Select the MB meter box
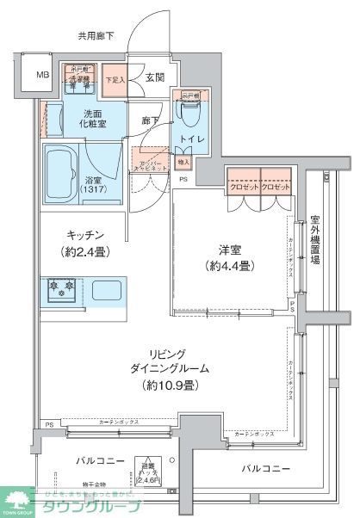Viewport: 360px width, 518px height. (42, 75)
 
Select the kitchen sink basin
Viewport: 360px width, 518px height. (108, 288)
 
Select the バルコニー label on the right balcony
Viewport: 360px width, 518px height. (264, 469)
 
